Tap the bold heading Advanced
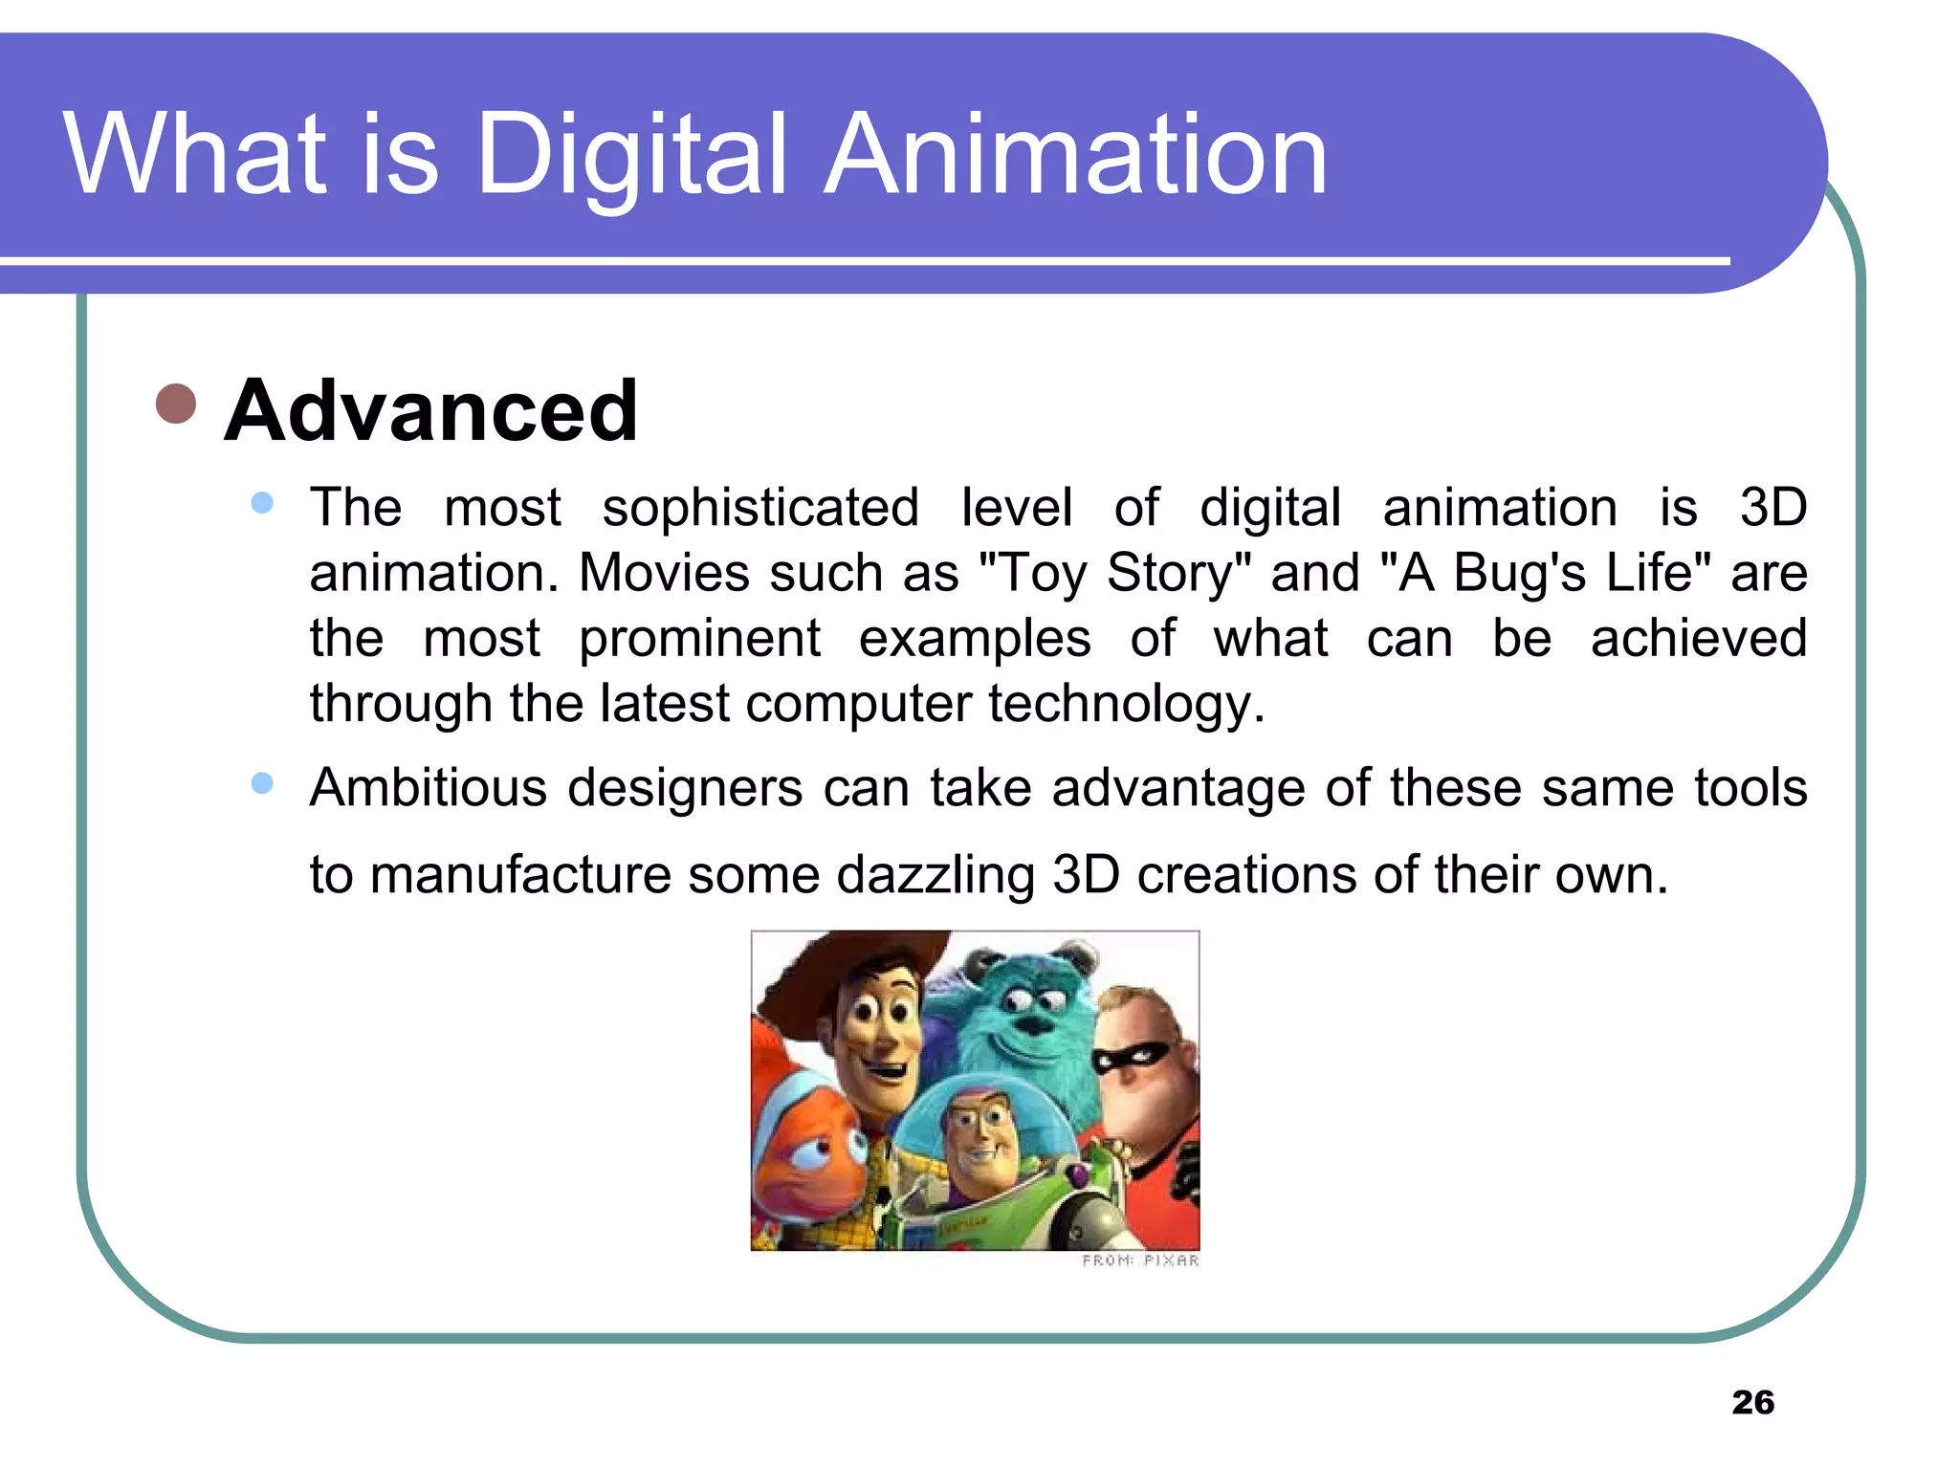pyautogui.click(x=430, y=411)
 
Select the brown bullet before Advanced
pyautogui.click(x=176, y=404)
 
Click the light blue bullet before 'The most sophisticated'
pyautogui.click(x=262, y=503)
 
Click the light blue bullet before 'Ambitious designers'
pyautogui.click(x=262, y=783)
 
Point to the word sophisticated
pyautogui.click(x=760, y=507)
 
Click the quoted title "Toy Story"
pyautogui.click(x=1115, y=573)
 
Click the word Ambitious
pyautogui.click(x=428, y=788)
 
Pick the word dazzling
pyautogui.click(x=935, y=875)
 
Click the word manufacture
pyautogui.click(x=520, y=875)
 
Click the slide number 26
pyautogui.click(x=1752, y=1402)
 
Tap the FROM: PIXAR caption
pyautogui.click(x=1140, y=1261)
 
